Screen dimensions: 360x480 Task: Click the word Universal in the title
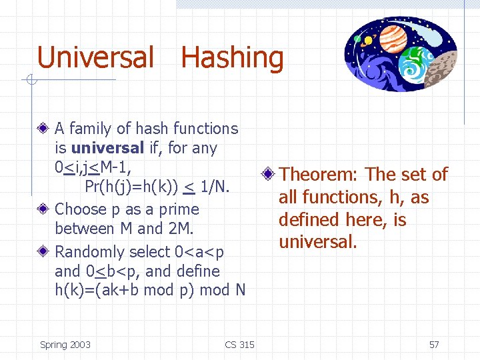(95, 57)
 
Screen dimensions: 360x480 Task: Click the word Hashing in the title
(232, 59)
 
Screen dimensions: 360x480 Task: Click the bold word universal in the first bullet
(107, 147)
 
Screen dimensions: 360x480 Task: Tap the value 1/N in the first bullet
(215, 187)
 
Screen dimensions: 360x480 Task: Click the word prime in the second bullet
(179, 209)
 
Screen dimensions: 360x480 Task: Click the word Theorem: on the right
(319, 175)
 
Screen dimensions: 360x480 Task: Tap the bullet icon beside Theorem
(268, 175)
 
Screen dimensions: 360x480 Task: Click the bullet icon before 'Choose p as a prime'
(44, 209)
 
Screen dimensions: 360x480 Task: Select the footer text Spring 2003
(65, 345)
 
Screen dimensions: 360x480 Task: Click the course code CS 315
(239, 345)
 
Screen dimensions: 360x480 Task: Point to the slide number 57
(434, 345)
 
